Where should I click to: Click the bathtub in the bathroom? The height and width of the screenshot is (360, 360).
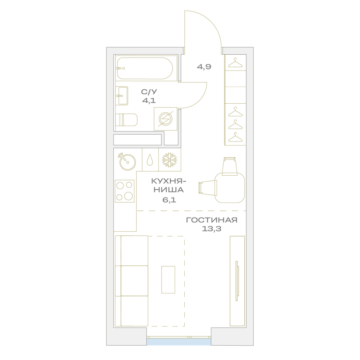(x=145, y=68)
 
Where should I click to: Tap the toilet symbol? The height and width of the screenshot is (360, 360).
(x=126, y=120)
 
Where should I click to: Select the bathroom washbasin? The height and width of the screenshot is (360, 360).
(x=122, y=96)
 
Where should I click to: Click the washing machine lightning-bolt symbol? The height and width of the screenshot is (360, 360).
(x=165, y=119)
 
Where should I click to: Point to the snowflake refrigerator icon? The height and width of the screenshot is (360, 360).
(x=170, y=160)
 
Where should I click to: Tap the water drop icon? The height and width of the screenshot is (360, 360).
(x=150, y=159)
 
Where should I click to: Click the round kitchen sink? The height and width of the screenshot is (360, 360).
(x=127, y=162)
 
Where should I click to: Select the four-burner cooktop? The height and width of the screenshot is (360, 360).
(x=125, y=191)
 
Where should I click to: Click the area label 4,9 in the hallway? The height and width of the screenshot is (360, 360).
(x=204, y=67)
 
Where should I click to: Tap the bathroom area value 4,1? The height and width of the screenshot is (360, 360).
(x=149, y=100)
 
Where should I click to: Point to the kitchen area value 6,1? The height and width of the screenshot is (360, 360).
(x=169, y=200)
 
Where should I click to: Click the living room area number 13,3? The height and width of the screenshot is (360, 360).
(x=212, y=229)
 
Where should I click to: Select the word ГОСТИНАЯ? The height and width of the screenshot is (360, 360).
(x=212, y=220)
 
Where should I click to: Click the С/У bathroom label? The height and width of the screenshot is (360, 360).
(x=149, y=92)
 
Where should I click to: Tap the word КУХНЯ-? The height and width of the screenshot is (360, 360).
(x=168, y=181)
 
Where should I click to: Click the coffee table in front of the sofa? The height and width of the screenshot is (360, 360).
(x=168, y=280)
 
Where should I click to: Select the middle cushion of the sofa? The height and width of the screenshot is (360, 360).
(x=134, y=281)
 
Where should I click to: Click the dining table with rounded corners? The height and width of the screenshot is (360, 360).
(x=230, y=188)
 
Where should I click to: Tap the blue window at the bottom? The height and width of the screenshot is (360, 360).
(x=179, y=342)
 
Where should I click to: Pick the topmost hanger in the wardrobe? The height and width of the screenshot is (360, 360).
(x=235, y=63)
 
